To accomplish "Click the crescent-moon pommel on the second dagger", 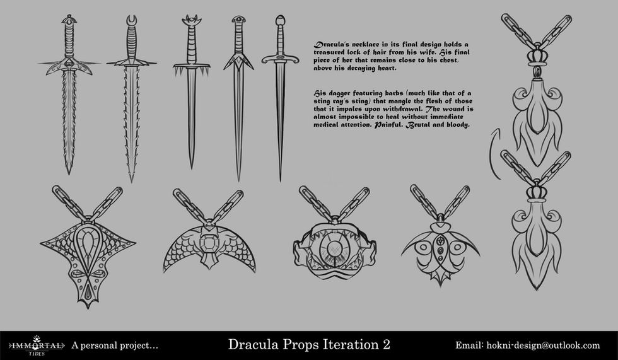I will coord(132,25).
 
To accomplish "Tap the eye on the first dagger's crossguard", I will coord(69,64).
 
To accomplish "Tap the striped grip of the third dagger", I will coord(192,48).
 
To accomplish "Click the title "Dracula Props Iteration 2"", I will coord(308,345).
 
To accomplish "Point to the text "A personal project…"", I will coord(115,345).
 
